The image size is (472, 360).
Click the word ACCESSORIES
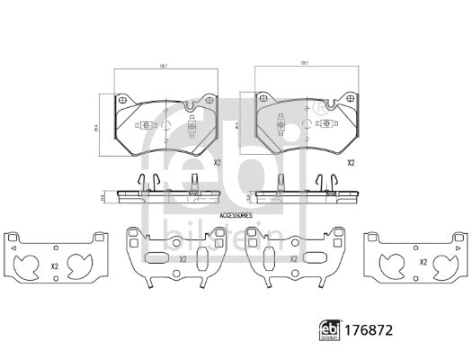(236, 217)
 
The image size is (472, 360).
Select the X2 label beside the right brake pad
(352, 163)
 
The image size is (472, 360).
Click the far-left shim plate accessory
(56, 260)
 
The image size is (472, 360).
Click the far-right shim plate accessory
(414, 260)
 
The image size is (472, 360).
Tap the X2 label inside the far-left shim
(55, 266)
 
